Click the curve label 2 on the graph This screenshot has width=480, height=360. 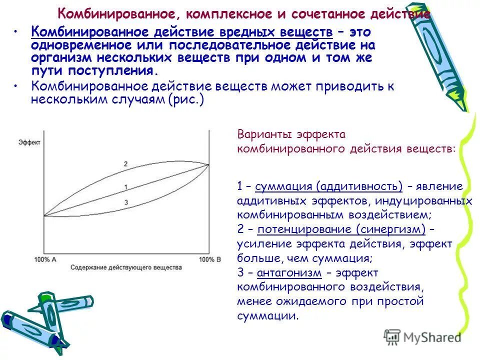[x=125, y=163]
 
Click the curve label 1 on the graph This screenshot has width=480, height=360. [x=125, y=186]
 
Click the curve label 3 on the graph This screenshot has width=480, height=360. [x=125, y=202]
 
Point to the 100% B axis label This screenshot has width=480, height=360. [x=210, y=259]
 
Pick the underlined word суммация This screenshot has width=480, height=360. [x=283, y=186]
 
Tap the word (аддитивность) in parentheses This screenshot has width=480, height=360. [x=358, y=186]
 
